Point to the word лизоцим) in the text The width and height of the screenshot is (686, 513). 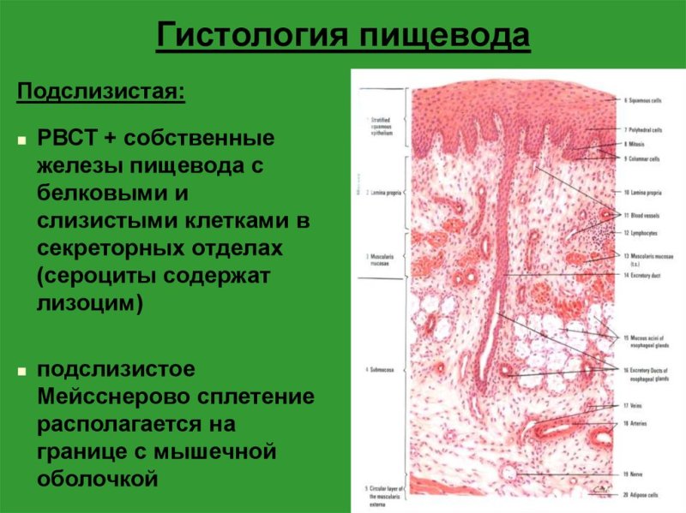[x=89, y=302]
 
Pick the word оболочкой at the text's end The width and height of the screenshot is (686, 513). [x=93, y=476]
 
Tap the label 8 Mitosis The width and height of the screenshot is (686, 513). [x=635, y=145]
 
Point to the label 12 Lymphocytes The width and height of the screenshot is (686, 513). [x=641, y=232]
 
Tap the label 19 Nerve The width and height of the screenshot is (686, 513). [x=634, y=472]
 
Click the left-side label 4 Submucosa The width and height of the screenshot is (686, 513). [x=379, y=369]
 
